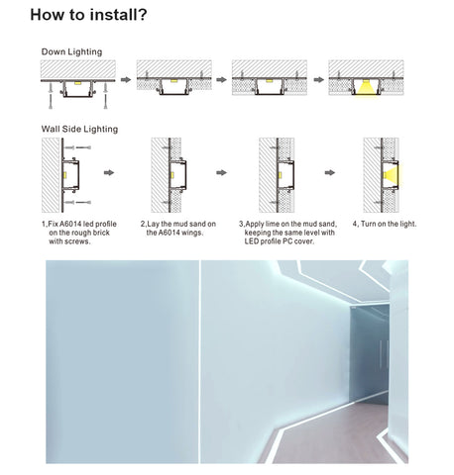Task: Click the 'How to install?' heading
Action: pos(88,15)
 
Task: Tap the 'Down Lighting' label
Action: pos(71,51)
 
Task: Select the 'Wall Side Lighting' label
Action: pos(79,129)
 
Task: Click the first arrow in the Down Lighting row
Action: pos(126,79)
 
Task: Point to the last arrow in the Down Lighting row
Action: pos(319,79)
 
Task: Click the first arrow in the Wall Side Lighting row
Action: pos(109,172)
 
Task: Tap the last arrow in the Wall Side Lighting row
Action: pos(330,172)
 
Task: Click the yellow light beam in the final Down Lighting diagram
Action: pos(366,88)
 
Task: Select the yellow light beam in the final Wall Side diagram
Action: pos(393,175)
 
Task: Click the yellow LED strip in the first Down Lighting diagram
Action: pos(77,83)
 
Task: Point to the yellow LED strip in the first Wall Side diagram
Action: pos(64,175)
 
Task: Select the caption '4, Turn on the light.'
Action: pos(385,224)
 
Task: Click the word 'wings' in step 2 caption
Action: pos(191,233)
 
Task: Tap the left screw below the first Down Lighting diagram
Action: pos(51,96)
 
